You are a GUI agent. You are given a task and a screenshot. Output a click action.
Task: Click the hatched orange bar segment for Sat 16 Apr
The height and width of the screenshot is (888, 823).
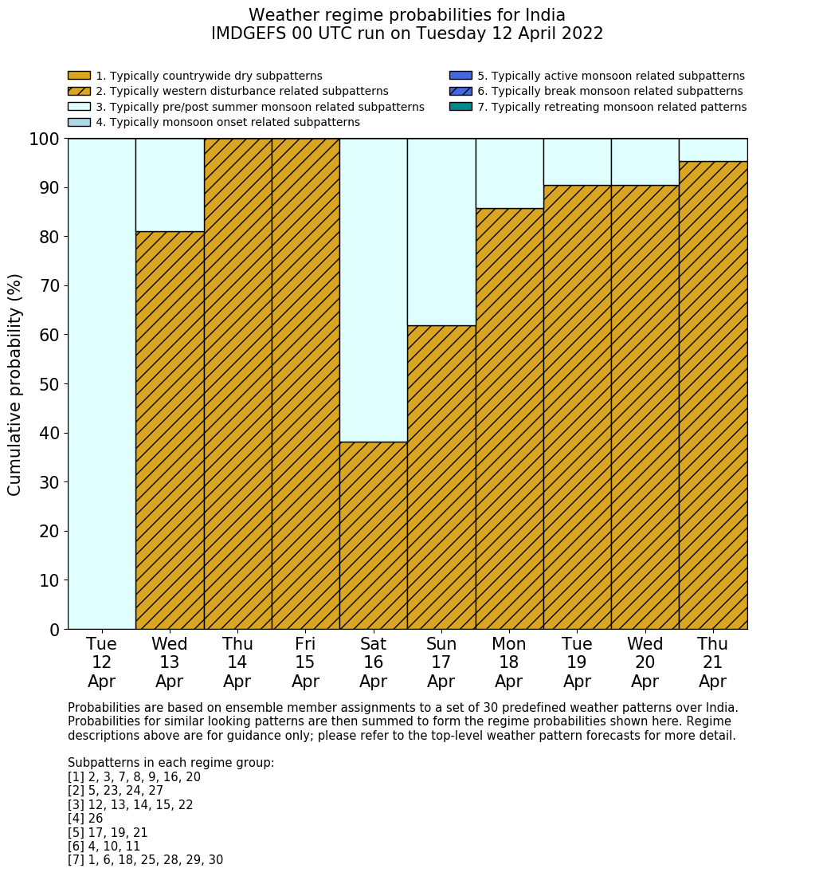[x=373, y=535]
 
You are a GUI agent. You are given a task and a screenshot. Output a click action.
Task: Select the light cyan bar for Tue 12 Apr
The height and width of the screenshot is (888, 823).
[x=101, y=383]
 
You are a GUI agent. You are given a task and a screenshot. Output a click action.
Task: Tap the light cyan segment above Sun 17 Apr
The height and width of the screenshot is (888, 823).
[x=441, y=231]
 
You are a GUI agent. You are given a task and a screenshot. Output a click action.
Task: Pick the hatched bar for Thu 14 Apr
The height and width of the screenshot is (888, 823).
[x=237, y=383]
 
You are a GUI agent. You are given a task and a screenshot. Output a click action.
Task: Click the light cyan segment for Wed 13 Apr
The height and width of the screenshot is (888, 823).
[x=170, y=185]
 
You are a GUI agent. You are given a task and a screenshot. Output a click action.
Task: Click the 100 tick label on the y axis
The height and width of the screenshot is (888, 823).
[x=45, y=139]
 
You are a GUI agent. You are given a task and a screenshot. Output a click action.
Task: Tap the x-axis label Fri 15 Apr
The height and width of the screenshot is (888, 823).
[x=305, y=662]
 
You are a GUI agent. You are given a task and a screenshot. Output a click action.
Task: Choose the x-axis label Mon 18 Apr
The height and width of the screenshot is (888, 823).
[x=509, y=662]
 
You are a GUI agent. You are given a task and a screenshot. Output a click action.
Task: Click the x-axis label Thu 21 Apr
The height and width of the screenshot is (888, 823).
[x=712, y=662]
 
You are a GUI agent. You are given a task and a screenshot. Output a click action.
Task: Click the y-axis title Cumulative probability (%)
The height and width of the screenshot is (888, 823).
[x=15, y=384]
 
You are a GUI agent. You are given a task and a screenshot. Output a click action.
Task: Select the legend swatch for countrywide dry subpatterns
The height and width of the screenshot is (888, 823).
[x=79, y=76]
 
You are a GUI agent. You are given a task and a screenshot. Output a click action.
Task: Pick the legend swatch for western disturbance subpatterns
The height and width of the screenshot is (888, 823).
[x=79, y=92]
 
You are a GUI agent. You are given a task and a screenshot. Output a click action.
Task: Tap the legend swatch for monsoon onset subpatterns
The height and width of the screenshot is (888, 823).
[x=79, y=122]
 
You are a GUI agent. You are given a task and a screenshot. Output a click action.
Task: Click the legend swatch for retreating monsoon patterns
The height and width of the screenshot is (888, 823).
[x=460, y=107]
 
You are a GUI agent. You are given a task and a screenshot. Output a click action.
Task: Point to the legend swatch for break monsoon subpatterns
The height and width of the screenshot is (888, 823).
[x=460, y=92]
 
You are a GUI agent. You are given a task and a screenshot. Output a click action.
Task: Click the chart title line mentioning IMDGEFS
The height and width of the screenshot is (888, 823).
[x=407, y=33]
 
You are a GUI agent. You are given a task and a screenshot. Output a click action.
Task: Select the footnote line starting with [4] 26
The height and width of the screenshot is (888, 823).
[x=85, y=819]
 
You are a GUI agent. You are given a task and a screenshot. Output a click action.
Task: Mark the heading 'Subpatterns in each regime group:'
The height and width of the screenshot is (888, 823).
[x=170, y=763]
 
